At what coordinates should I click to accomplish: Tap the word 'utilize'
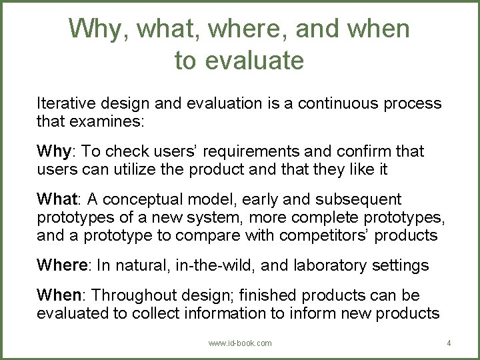point(141,170)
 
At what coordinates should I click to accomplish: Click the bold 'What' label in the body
point(57,199)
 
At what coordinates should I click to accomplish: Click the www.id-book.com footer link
point(240,343)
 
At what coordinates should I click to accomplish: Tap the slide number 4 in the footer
point(449,343)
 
